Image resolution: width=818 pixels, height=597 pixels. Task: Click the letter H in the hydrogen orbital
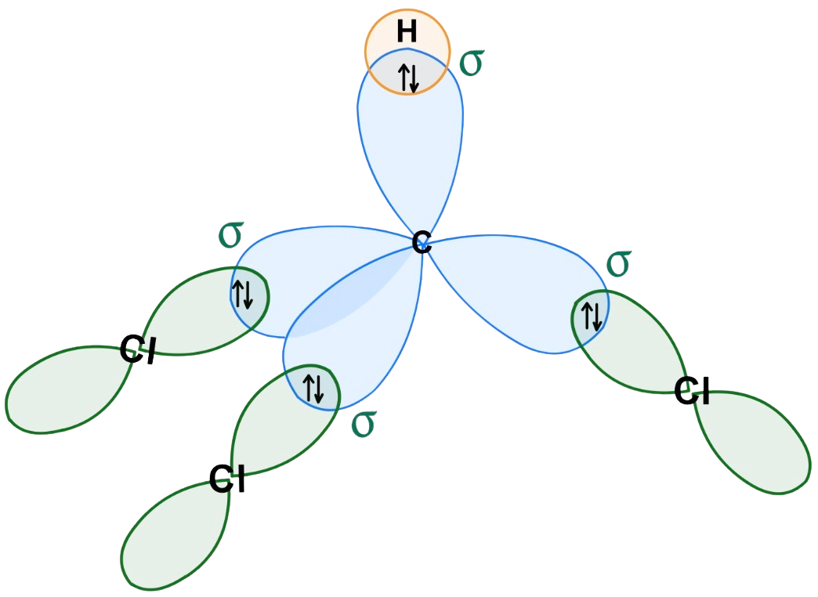coord(407,32)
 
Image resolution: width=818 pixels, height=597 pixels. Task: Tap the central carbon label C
coord(422,243)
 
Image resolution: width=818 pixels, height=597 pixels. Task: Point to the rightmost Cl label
coord(693,392)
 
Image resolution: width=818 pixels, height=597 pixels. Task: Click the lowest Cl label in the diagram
coord(227,479)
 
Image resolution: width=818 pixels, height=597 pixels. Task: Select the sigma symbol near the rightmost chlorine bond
coord(619,263)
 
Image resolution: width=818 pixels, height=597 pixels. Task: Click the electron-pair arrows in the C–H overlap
coord(408,78)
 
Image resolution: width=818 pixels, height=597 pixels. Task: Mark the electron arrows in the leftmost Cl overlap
coord(243,292)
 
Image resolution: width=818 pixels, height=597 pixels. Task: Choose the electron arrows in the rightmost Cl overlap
coord(590,315)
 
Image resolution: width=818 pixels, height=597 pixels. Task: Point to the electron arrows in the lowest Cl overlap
coord(313,388)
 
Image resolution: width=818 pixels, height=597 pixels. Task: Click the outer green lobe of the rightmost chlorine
coord(756,439)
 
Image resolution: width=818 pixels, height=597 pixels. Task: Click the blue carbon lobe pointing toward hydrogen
coord(410,157)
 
